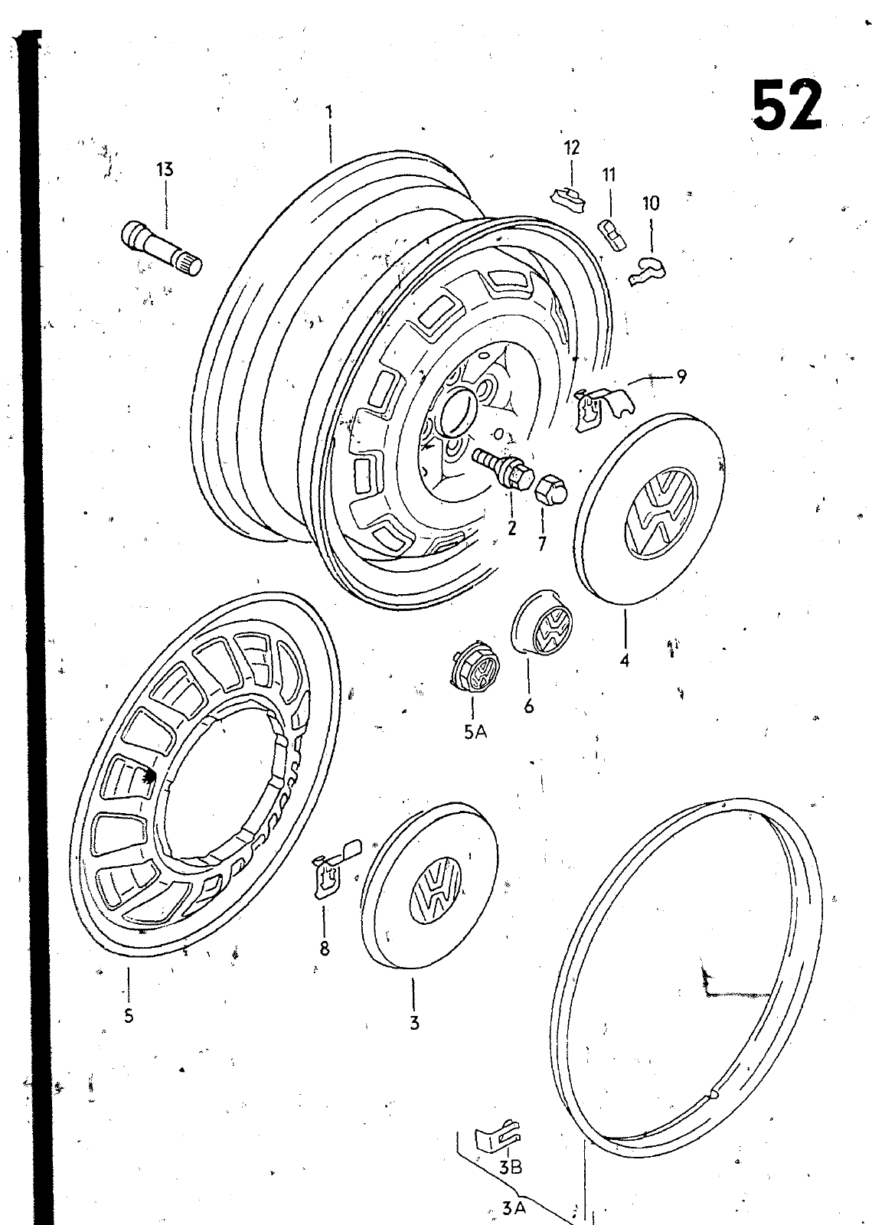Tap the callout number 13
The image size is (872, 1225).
(165, 170)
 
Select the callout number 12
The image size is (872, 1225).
(572, 148)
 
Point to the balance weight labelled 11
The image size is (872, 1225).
(614, 235)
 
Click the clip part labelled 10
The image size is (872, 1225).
(650, 271)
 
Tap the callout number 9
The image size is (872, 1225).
(681, 377)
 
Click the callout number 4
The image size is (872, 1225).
(625, 660)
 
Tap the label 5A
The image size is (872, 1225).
(475, 733)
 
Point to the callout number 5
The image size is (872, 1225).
(129, 1016)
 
